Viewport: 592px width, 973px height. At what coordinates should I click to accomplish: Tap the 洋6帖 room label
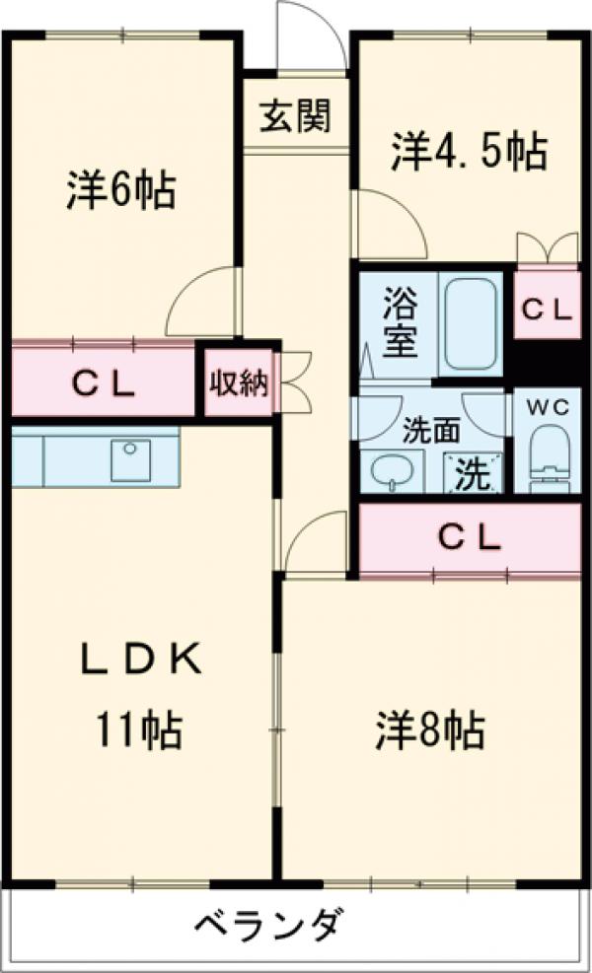tap(121, 190)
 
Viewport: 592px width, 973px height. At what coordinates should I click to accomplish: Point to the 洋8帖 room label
tap(428, 730)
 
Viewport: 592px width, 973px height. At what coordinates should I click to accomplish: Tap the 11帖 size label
tap(138, 730)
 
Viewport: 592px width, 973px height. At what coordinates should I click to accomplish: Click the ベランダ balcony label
tap(268, 928)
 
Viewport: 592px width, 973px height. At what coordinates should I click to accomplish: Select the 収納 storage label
tap(238, 382)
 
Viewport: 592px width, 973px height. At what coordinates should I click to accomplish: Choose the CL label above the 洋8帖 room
tap(470, 537)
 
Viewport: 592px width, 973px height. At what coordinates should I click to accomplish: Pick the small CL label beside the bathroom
tap(546, 311)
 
